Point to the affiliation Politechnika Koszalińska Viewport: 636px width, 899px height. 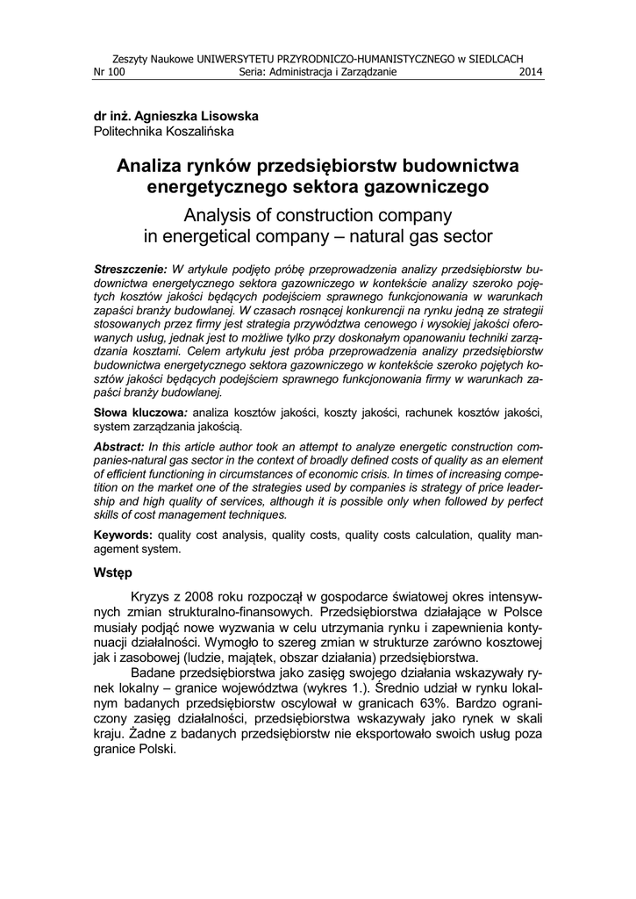(164, 132)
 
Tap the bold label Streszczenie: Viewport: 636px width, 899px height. (130, 267)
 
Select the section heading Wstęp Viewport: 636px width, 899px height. (112, 573)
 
